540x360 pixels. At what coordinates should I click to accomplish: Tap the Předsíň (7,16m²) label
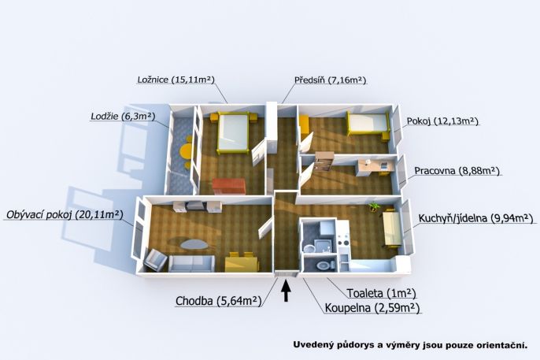coord(330,80)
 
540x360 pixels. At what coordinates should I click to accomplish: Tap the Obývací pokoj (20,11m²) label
coord(64,213)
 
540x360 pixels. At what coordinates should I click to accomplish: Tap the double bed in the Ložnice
coord(232,132)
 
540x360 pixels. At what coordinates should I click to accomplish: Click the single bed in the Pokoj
coord(367,123)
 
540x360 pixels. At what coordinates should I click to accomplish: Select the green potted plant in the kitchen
coord(374,208)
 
